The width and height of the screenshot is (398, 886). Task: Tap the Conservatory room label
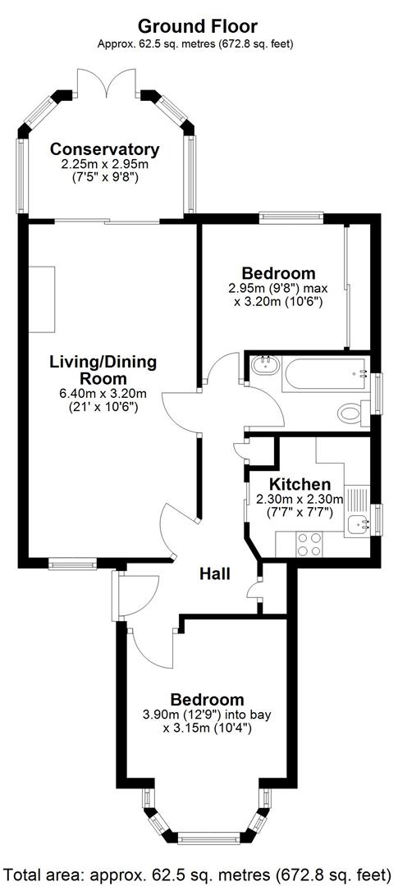(104, 149)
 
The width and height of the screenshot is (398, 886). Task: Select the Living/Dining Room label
(103, 370)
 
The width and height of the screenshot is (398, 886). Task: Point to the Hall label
(215, 573)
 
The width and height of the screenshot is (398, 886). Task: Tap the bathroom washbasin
(264, 365)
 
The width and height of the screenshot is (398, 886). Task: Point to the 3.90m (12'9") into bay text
(207, 715)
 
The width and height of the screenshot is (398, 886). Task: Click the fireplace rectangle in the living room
(40, 299)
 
